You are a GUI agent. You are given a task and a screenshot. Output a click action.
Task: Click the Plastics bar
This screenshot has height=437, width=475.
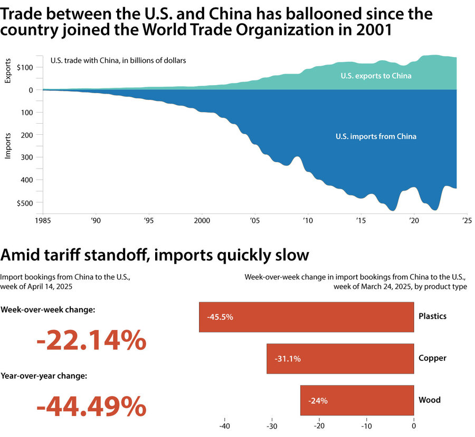[306, 317]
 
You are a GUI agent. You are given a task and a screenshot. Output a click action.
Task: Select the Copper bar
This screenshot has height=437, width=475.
[340, 359]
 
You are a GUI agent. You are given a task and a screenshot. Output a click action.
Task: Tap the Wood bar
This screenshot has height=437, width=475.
[357, 400]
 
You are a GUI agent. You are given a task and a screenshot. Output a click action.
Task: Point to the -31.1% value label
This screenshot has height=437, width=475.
[288, 359]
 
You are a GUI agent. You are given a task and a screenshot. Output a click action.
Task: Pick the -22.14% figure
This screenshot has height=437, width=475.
[91, 341]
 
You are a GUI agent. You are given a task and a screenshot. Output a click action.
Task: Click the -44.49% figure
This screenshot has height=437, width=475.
[91, 407]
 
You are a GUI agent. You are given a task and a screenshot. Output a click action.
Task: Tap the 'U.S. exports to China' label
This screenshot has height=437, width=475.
[376, 76]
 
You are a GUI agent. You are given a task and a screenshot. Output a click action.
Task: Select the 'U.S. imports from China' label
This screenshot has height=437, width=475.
[376, 136]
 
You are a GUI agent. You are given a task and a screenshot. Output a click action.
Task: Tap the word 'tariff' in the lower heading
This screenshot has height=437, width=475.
[68, 255]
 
